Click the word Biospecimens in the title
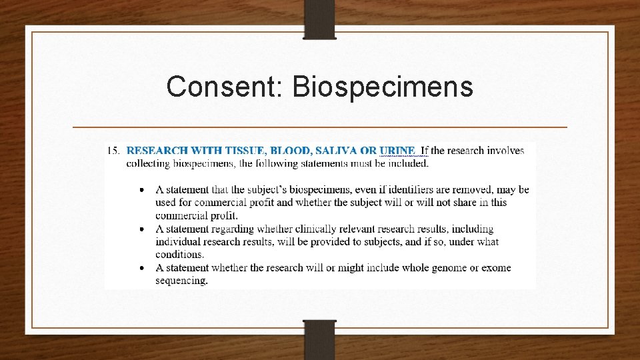pos(383,87)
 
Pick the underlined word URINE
pos(398,151)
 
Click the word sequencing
pos(181,281)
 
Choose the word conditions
pos(179,254)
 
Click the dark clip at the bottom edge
pos(319,339)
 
